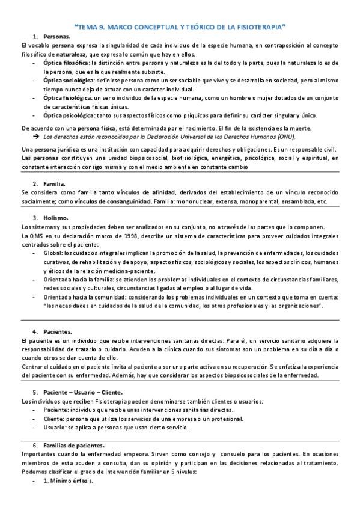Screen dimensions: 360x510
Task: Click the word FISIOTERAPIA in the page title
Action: tap(256, 27)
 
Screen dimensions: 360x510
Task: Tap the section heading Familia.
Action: tap(55, 183)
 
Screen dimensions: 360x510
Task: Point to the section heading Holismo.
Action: tap(56, 217)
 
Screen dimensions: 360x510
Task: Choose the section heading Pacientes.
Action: tap(58, 331)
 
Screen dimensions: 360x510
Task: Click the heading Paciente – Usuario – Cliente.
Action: tap(78, 392)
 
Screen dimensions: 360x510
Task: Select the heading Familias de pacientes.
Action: tap(74, 445)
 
